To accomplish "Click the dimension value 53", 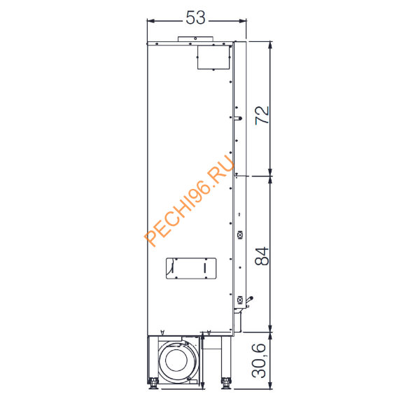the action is [x=196, y=17].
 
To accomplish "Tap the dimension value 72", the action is [x=262, y=115].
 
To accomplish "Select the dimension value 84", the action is [x=262, y=256].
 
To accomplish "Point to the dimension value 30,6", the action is [x=259, y=360].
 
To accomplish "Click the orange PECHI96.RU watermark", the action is [x=189, y=201].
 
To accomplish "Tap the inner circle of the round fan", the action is [x=176, y=360].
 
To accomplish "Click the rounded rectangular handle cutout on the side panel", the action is [x=191, y=269].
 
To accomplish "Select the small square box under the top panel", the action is [x=213, y=57].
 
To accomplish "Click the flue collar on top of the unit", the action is [x=195, y=39].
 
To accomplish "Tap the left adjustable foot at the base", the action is [x=153, y=383].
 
